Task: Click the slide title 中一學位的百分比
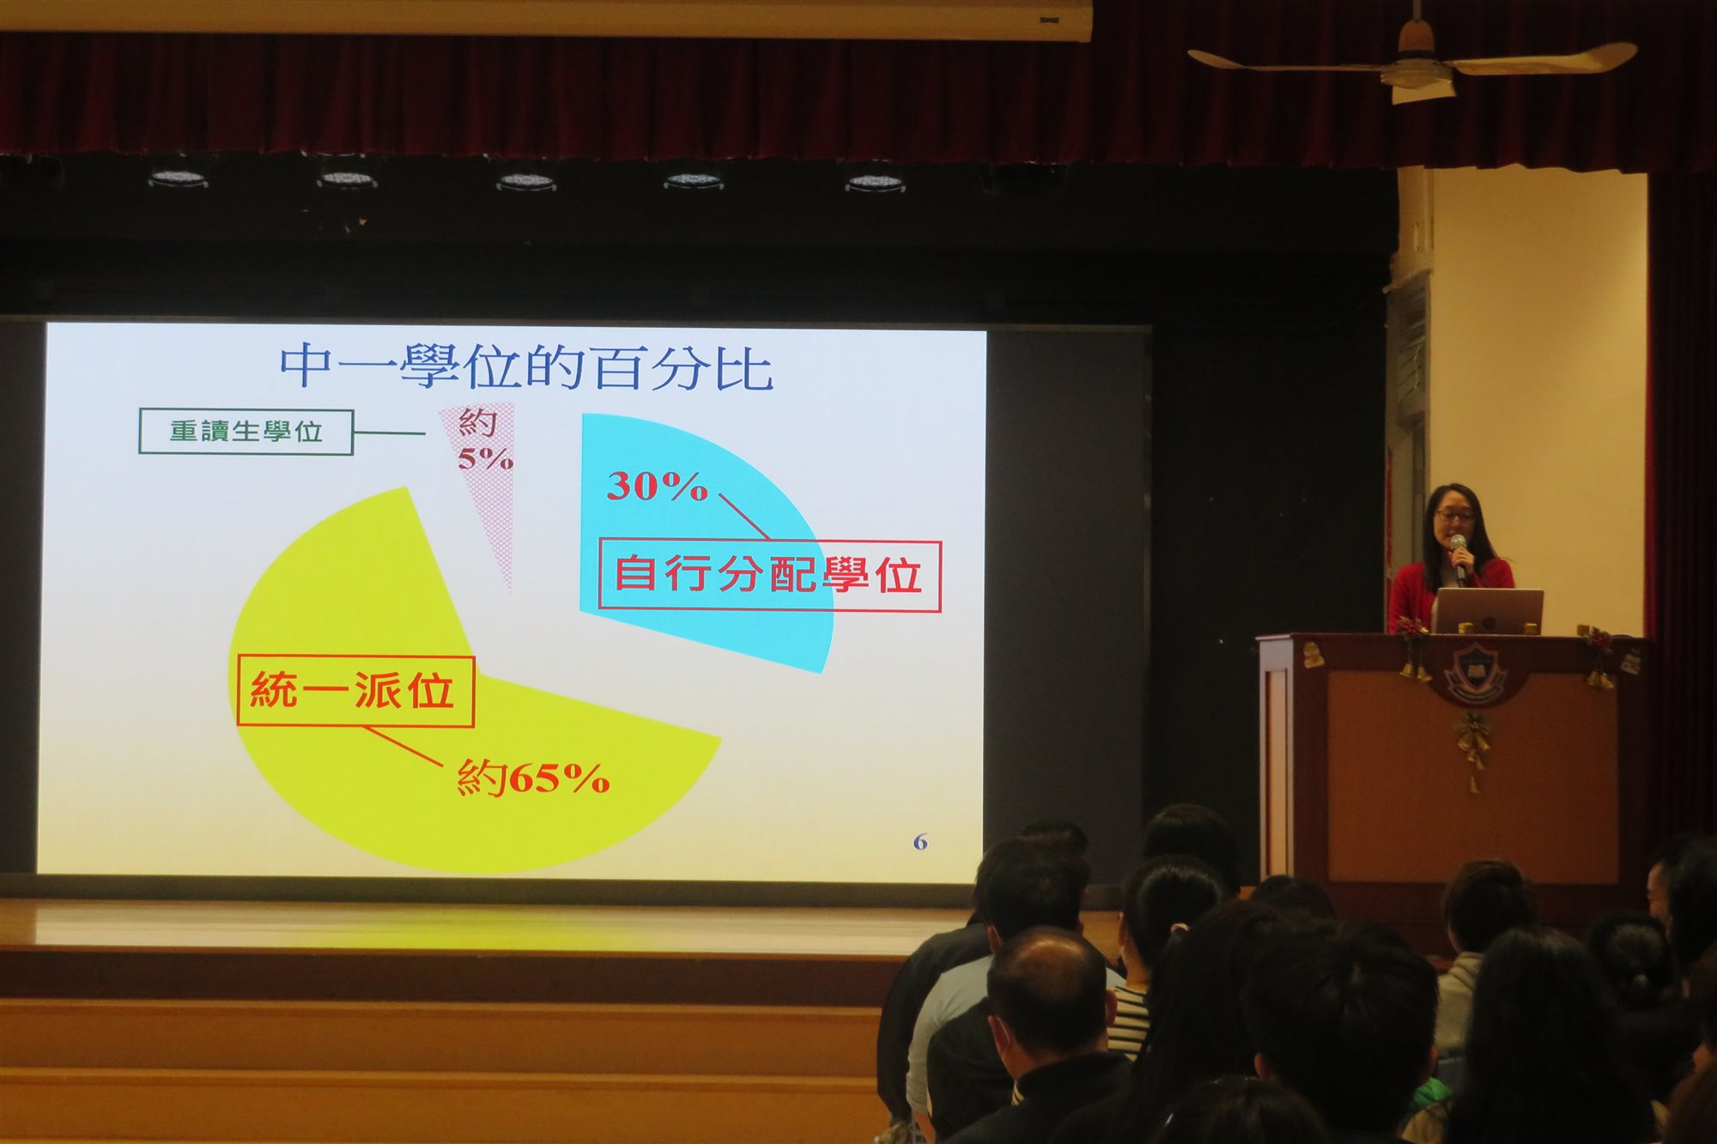[526, 367]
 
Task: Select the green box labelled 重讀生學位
[246, 432]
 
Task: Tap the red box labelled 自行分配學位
[769, 575]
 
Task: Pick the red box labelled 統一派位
[355, 691]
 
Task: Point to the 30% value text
[658, 487]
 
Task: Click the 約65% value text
[533, 778]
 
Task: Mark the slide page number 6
[920, 842]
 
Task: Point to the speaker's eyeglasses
[1454, 516]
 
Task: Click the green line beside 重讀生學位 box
[390, 433]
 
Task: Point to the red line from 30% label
[744, 517]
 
